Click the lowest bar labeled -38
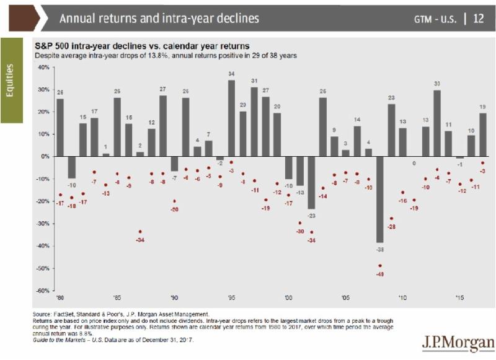tap(379, 199)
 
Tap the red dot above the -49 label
tap(379, 266)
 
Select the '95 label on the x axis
tap(231, 297)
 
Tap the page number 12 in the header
tap(479, 18)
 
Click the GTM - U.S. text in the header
tap(436, 19)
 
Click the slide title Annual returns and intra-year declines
tap(159, 18)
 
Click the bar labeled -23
tap(311, 182)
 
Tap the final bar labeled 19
tap(482, 134)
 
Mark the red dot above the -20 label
tap(174, 201)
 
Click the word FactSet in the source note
tap(63, 314)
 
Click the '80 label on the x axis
tap(60, 297)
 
